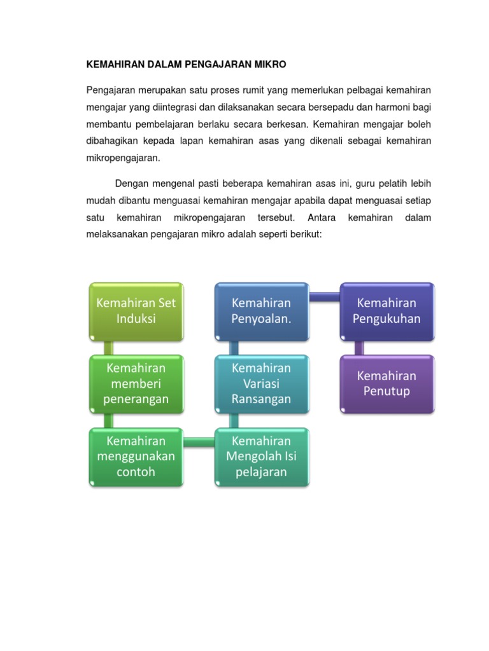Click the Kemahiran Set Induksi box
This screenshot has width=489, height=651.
click(x=136, y=311)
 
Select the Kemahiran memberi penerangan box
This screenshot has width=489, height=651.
click(x=136, y=383)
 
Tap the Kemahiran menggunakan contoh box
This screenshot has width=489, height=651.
click(x=136, y=456)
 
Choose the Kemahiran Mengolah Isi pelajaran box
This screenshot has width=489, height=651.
click(x=262, y=456)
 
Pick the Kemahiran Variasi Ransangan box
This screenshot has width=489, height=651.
click(x=262, y=383)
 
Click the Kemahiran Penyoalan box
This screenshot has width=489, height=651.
click(x=262, y=311)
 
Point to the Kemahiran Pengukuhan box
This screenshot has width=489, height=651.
click(x=387, y=311)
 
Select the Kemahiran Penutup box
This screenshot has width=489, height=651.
click(x=387, y=383)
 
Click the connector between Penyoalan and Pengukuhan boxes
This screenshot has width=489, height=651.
click(x=325, y=296)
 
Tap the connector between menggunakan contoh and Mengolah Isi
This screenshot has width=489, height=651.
click(x=199, y=441)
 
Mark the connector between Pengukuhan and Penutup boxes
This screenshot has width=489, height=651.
click(x=359, y=347)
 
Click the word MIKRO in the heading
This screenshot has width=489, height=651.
click(x=270, y=65)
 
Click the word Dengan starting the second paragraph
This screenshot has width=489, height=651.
click(x=130, y=184)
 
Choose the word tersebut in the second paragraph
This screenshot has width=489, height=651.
click(x=275, y=217)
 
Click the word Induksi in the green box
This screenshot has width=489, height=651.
click(x=136, y=319)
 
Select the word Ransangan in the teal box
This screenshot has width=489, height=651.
click(x=262, y=399)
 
